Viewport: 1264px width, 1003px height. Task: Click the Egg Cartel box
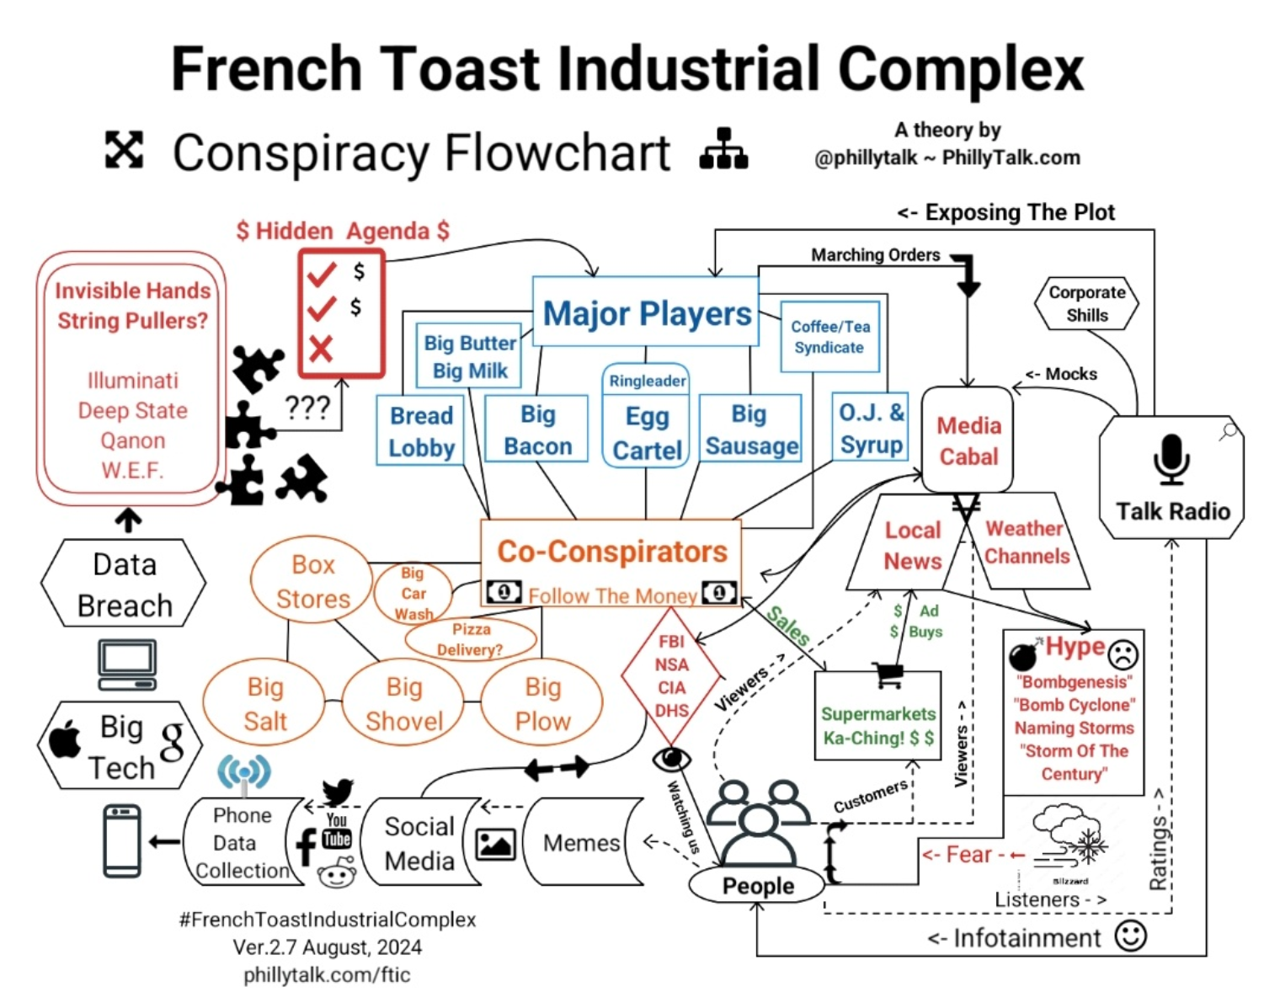(x=647, y=432)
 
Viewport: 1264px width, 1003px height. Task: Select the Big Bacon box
(x=537, y=429)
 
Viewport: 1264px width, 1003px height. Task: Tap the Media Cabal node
(x=968, y=440)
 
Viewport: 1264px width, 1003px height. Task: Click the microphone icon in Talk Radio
(x=1171, y=459)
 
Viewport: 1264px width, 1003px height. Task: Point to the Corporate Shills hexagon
(x=1086, y=304)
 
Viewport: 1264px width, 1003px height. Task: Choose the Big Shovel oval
(x=403, y=704)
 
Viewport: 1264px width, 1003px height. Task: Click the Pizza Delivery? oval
(x=471, y=639)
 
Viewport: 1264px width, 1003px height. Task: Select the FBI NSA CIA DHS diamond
(x=671, y=676)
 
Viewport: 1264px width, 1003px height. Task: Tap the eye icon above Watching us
(x=672, y=760)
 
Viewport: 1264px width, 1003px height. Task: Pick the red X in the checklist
(x=321, y=348)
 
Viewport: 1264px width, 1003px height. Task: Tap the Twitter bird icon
(x=338, y=792)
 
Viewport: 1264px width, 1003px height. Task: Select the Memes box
(x=581, y=842)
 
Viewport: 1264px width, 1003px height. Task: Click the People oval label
(x=758, y=886)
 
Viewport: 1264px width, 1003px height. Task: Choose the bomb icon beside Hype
(x=1025, y=654)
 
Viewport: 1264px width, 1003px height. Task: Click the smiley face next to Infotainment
(x=1130, y=936)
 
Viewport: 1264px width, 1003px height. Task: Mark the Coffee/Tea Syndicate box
(x=829, y=337)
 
